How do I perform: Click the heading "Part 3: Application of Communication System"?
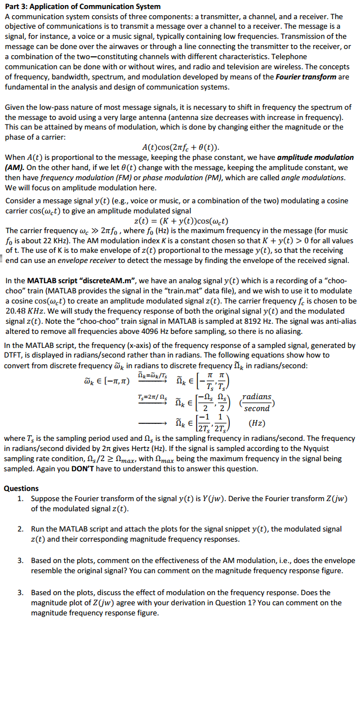(82, 6)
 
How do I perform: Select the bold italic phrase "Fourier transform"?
(308, 77)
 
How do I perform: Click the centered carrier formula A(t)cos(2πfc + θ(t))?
(180, 148)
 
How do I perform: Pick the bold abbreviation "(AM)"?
(15, 168)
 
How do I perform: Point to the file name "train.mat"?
(228, 291)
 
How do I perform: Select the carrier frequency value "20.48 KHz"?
(24, 311)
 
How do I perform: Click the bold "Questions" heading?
(21, 488)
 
